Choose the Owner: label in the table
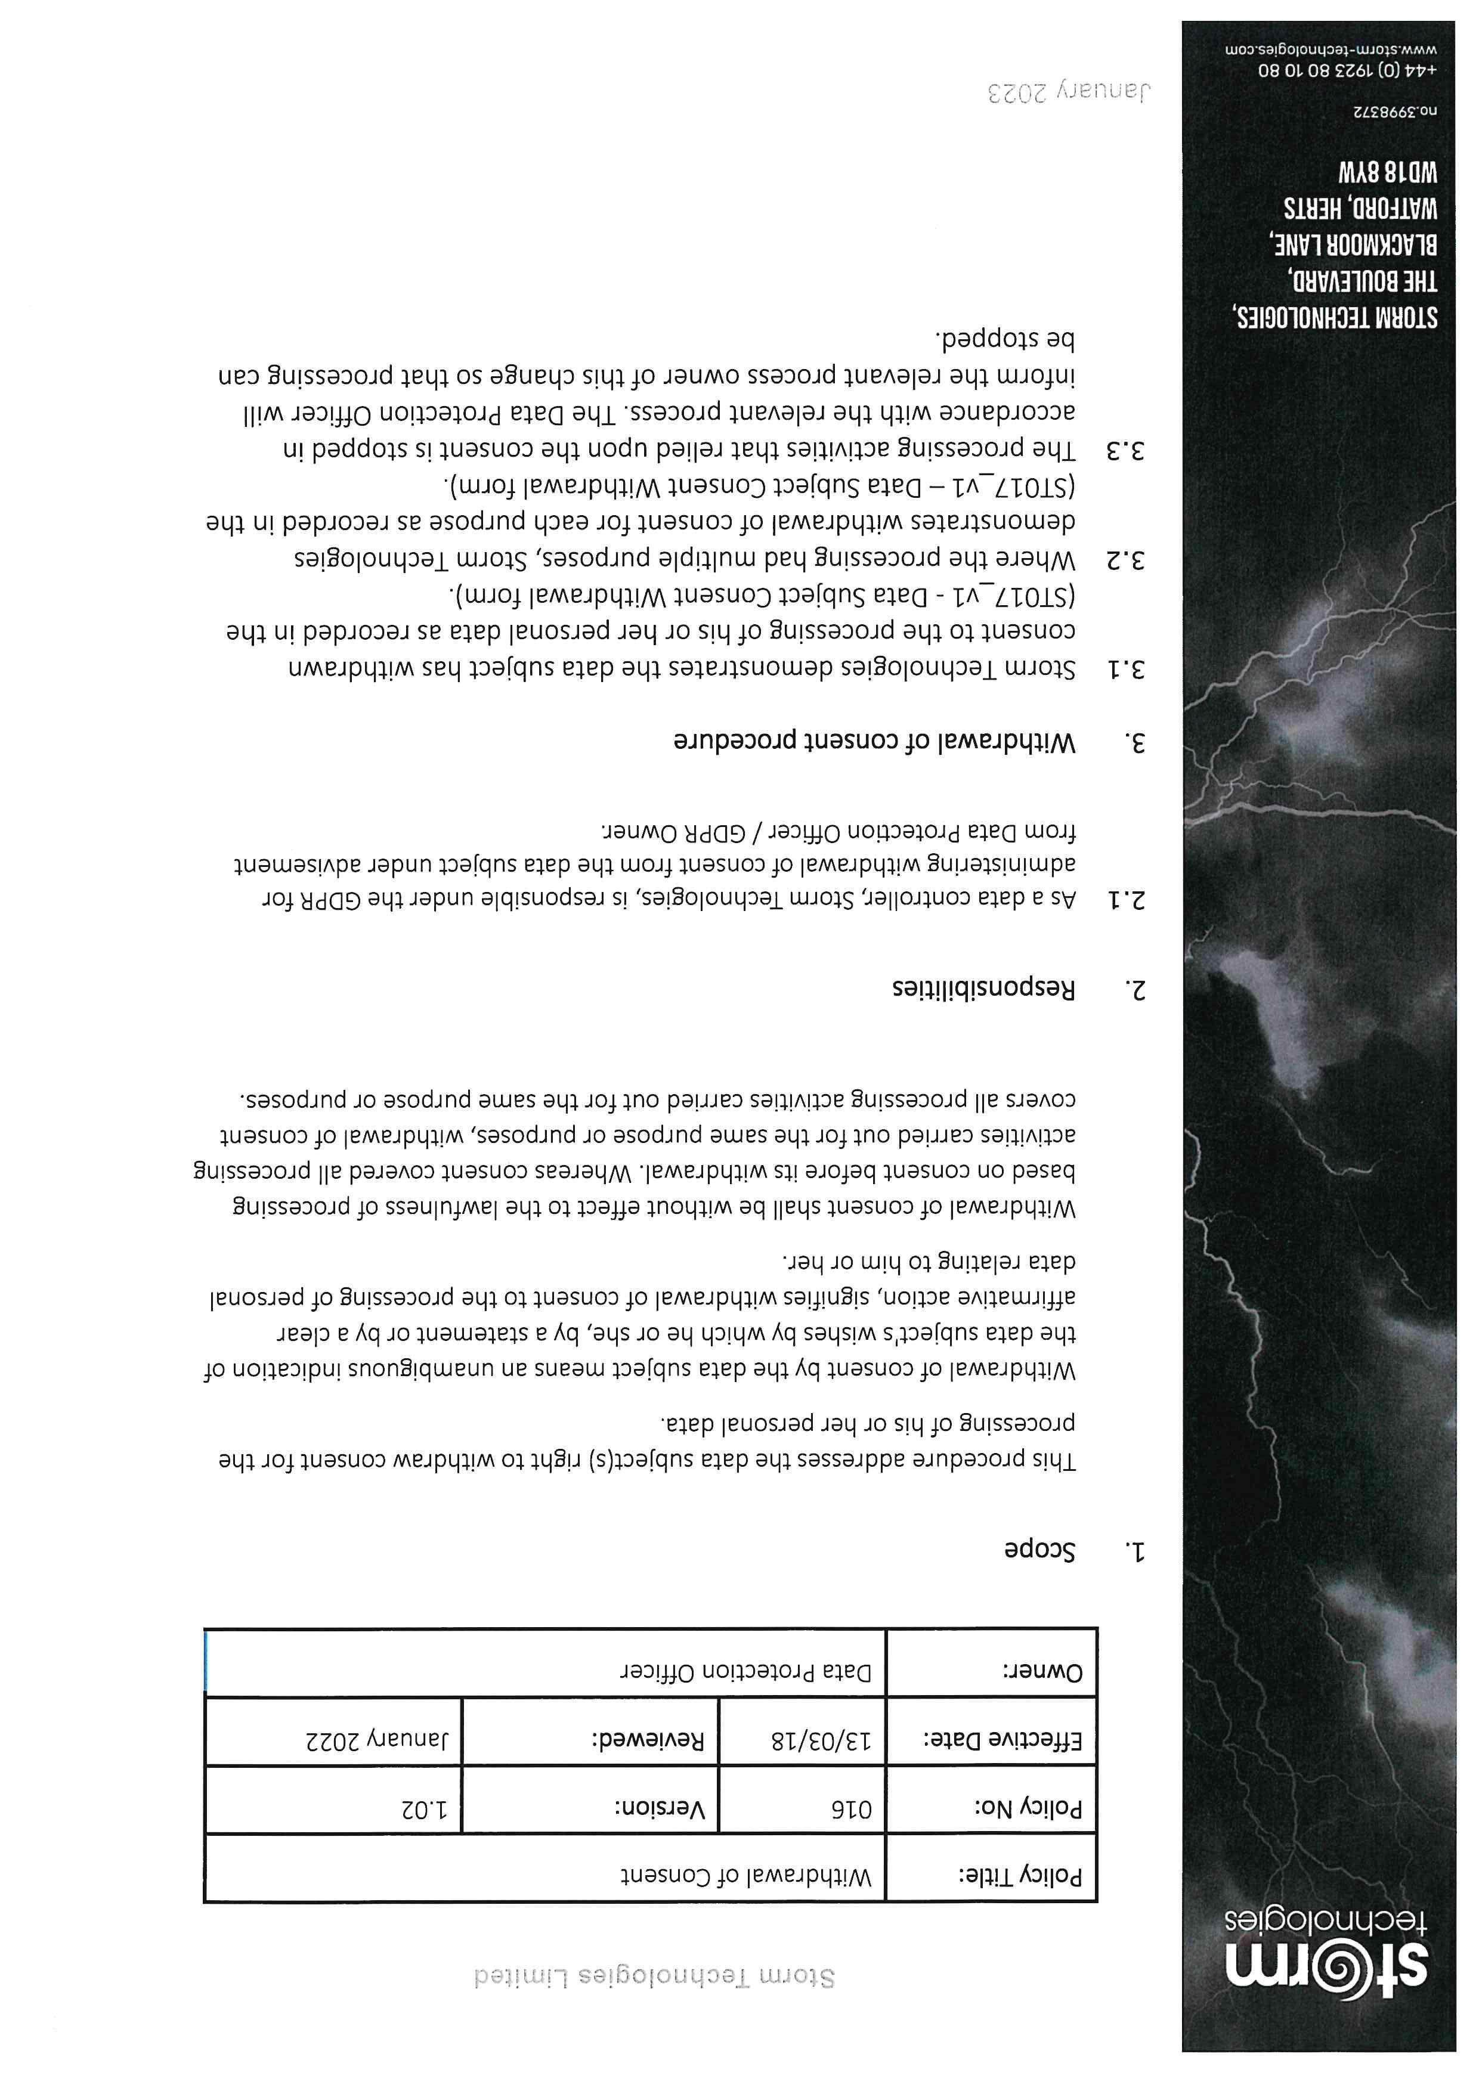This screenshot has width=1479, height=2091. point(1044,1672)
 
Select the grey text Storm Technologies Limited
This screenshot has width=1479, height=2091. point(653,1996)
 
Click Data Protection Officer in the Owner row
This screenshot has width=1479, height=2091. point(746,1672)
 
